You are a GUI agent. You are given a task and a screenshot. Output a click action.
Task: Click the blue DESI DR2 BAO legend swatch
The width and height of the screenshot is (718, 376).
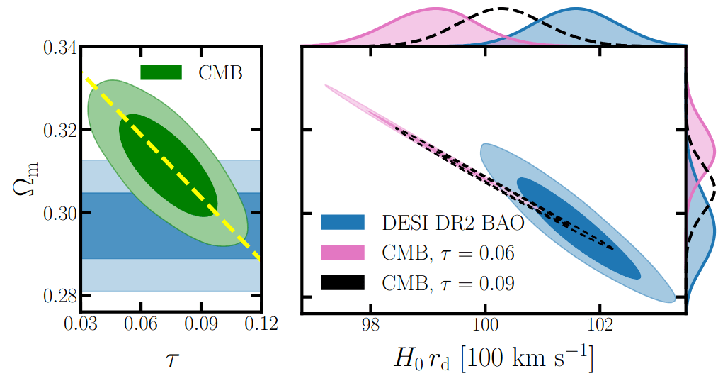coord(343,223)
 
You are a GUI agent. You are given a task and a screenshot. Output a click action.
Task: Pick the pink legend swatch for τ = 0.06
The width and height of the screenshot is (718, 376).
coord(343,253)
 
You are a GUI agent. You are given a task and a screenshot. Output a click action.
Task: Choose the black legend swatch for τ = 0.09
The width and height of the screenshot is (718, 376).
coord(343,282)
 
